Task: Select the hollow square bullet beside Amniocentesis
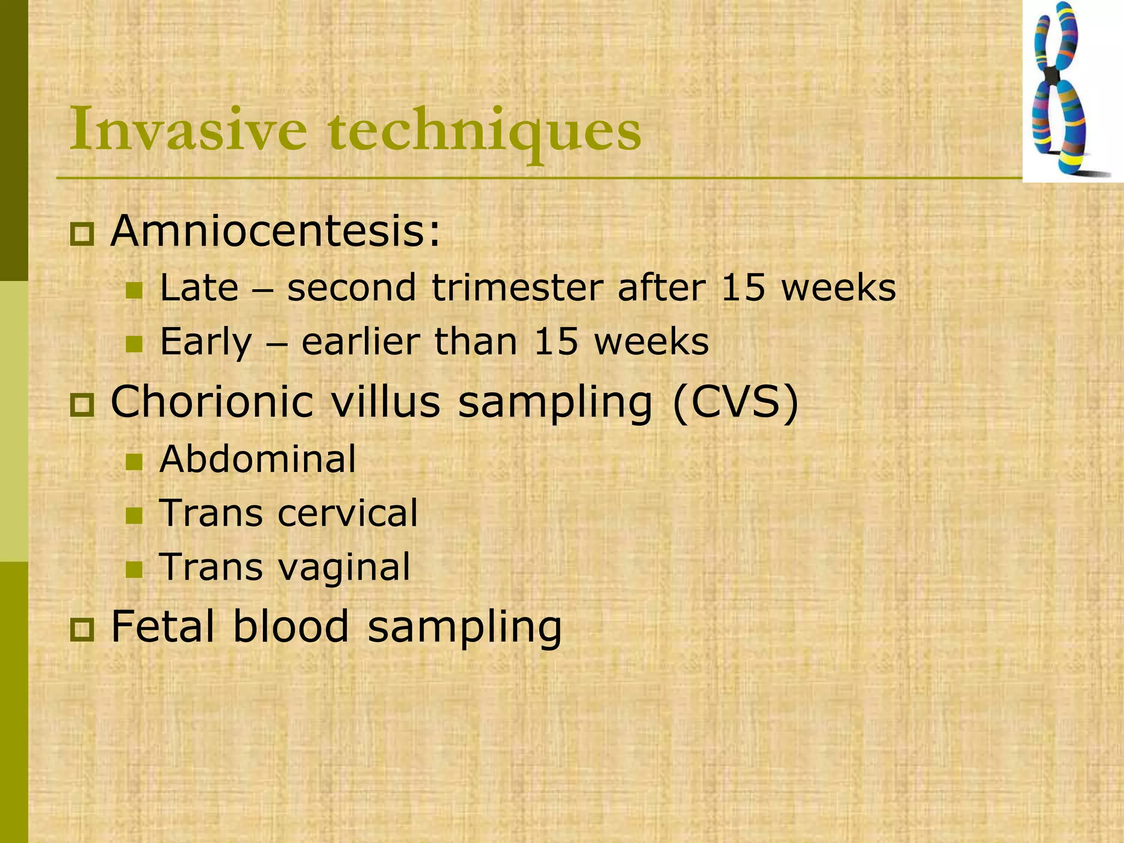82,234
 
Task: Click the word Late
199,288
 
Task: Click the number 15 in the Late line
743,288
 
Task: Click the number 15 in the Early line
556,341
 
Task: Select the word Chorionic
212,402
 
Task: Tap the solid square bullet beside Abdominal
134,462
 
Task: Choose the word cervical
348,513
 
